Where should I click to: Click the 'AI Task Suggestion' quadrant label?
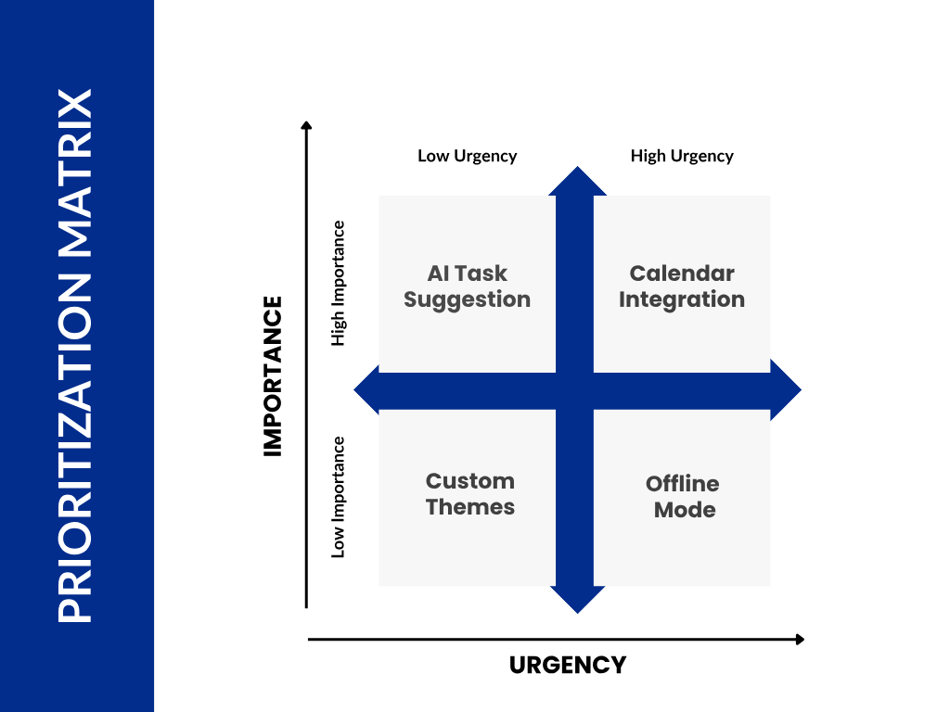pos(467,286)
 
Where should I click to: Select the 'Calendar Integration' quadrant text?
pos(682,286)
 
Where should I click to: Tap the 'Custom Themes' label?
pos(470,494)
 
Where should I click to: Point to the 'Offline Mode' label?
pos(684,497)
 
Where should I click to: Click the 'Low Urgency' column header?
pos(467,156)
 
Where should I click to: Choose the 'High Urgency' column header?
pos(682,156)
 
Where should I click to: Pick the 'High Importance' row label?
pos(339,283)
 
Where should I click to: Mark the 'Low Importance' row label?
pos(339,497)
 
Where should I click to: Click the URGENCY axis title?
pos(568,665)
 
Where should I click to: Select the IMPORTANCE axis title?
pos(272,375)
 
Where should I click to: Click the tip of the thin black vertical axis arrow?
pos(306,123)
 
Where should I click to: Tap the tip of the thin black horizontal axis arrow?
pos(801,639)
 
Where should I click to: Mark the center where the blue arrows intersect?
pos(575,390)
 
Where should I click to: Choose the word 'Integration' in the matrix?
pos(682,299)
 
